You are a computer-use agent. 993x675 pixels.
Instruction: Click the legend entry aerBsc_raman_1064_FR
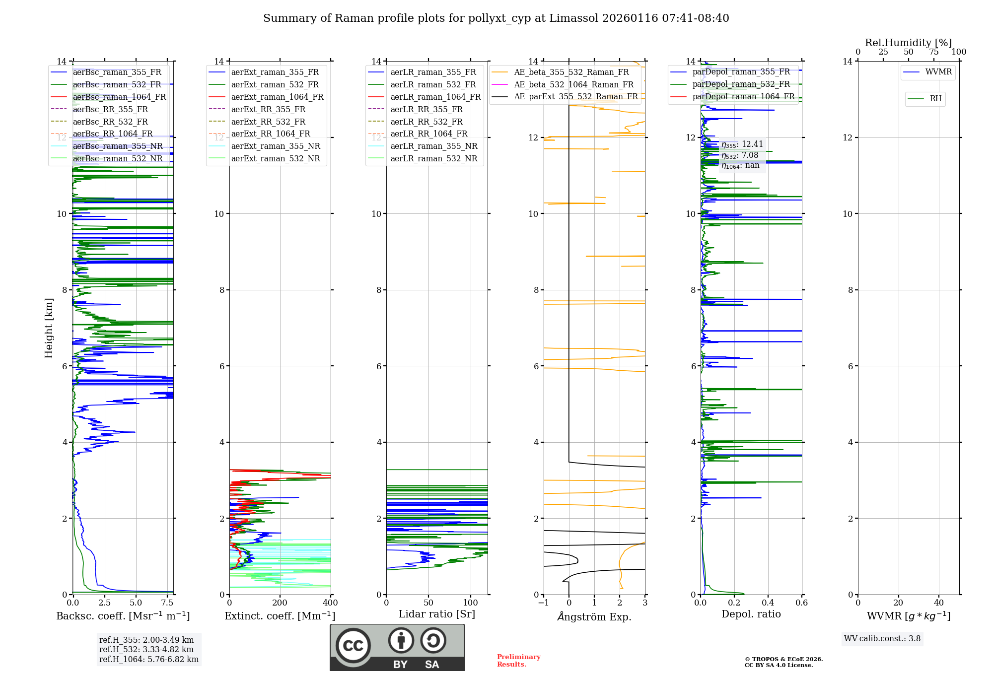(119, 97)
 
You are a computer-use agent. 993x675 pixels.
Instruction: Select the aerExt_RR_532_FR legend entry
(268, 122)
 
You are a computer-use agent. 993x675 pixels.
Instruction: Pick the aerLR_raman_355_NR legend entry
(433, 146)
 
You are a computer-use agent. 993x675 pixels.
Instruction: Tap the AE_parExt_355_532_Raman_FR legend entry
(575, 97)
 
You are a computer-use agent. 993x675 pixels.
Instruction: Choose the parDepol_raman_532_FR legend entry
(741, 84)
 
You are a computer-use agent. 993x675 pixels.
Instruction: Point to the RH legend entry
(935, 99)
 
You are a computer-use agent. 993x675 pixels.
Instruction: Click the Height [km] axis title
(49, 328)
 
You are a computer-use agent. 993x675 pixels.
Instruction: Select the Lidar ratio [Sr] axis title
(437, 614)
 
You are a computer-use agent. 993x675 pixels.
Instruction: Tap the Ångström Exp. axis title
(594, 616)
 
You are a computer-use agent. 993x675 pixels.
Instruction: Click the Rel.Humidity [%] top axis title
(908, 43)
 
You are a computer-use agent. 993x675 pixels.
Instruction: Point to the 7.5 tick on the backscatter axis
(167, 603)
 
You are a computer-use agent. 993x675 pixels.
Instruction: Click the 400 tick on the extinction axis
(331, 603)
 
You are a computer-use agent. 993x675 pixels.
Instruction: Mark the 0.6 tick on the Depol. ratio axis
(801, 603)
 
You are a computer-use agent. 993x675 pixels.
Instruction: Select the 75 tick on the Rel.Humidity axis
(934, 52)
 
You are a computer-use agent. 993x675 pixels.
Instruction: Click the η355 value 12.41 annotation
(742, 144)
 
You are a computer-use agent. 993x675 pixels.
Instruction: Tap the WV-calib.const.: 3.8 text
(882, 639)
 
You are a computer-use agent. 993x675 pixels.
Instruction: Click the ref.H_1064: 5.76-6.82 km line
(149, 660)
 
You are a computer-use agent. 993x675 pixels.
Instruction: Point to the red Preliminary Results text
(518, 661)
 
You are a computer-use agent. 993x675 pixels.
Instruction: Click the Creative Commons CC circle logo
(353, 646)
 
